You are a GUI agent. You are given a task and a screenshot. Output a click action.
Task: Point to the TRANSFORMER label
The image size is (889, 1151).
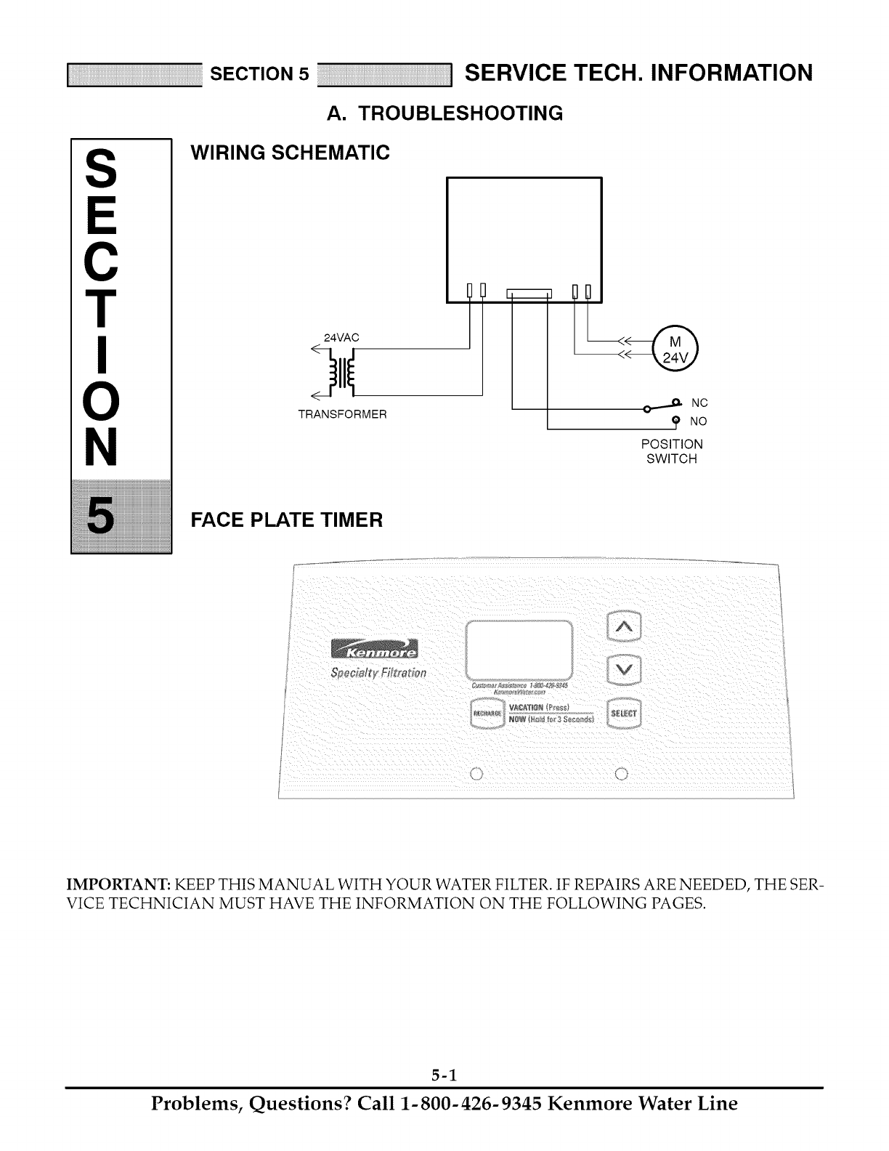[x=343, y=414]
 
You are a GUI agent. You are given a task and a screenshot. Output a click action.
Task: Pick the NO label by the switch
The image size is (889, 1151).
[x=698, y=421]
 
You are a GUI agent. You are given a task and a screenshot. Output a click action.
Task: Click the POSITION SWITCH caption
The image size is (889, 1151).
[x=672, y=451]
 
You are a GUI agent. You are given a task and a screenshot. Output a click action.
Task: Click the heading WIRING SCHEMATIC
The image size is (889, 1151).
[x=290, y=153]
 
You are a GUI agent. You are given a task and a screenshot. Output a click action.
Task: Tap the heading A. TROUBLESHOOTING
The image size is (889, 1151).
[x=444, y=113]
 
